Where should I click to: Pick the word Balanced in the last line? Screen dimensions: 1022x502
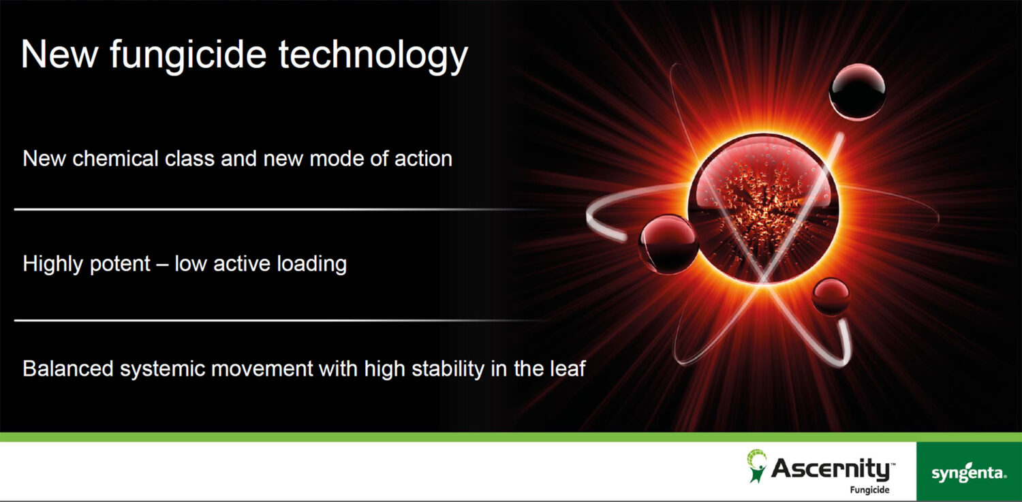coord(68,368)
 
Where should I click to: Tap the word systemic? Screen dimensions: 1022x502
coord(162,369)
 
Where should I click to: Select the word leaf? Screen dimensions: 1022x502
coord(567,368)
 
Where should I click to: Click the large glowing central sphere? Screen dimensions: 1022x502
coord(763,209)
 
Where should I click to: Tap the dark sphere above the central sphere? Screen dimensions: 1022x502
coord(857,92)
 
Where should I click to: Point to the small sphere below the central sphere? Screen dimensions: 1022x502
coord(831,296)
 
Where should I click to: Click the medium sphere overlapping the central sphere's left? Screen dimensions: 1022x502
coord(669,245)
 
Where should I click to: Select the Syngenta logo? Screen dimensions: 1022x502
coord(969,472)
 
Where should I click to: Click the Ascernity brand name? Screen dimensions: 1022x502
coord(833,469)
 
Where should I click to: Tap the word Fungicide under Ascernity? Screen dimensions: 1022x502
coord(869,490)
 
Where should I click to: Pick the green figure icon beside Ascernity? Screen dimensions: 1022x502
coord(756,465)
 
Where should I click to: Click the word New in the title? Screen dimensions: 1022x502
coord(59,54)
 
